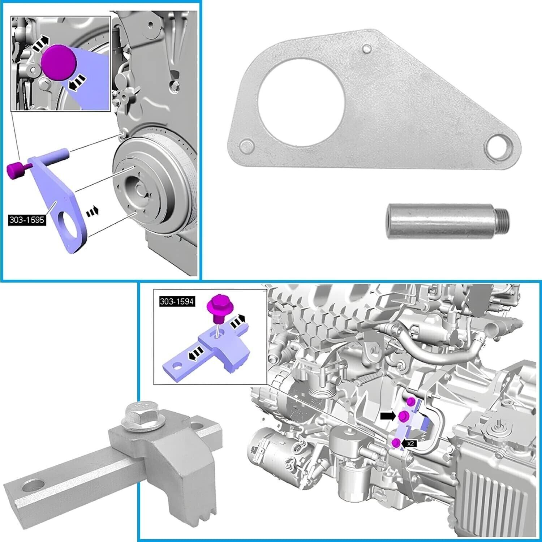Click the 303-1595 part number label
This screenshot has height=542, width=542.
tap(27, 220)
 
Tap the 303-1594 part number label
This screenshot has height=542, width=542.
tap(177, 301)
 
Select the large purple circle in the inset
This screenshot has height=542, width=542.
tap(59, 62)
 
